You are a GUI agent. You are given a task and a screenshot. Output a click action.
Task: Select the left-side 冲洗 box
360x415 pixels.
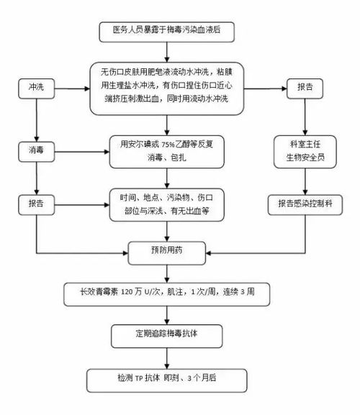coord(36,86)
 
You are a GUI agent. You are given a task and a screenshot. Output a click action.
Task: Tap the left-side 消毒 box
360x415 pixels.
coord(36,154)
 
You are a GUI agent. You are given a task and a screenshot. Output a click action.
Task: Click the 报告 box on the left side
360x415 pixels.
coord(36,204)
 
